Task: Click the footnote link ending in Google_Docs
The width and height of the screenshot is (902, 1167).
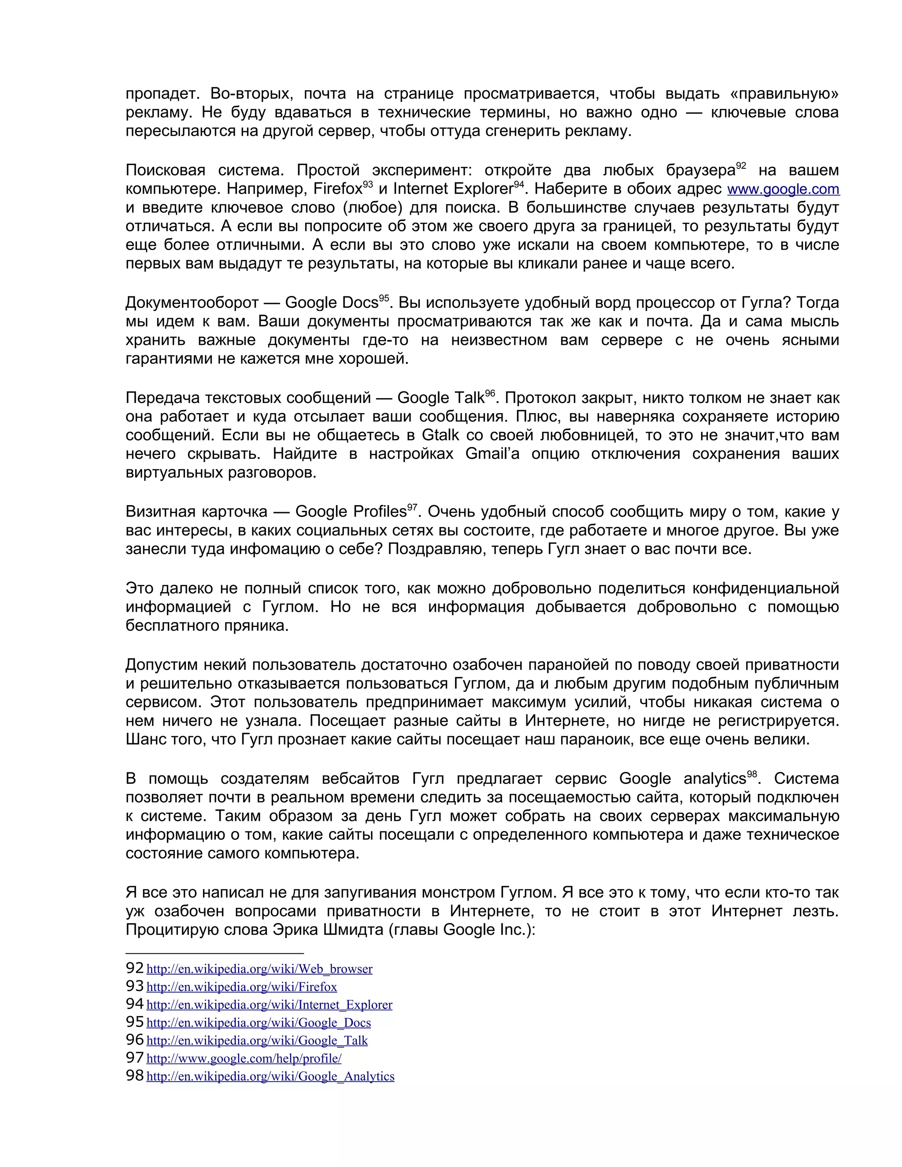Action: click(258, 1023)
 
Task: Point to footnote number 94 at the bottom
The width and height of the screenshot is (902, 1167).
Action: click(135, 1004)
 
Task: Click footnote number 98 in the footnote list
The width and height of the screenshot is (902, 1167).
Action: click(135, 1076)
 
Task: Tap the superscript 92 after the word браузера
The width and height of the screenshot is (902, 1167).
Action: click(741, 166)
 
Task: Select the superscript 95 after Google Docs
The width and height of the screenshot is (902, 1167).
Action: click(384, 299)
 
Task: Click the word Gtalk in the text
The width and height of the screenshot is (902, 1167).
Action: click(440, 436)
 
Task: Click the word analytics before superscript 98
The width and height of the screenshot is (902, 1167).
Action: click(714, 779)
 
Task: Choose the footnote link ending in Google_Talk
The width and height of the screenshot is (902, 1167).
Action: click(257, 1040)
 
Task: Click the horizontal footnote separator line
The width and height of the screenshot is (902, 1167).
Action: click(214, 953)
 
